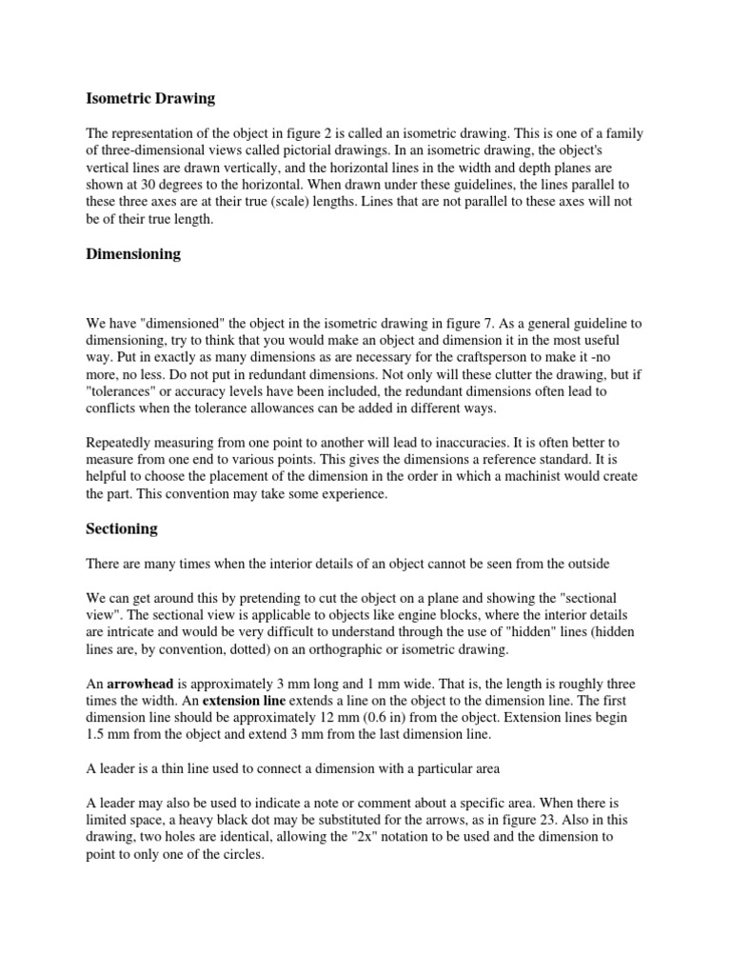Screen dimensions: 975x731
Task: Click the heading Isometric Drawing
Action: (151, 98)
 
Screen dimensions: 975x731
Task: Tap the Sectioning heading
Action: (122, 528)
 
